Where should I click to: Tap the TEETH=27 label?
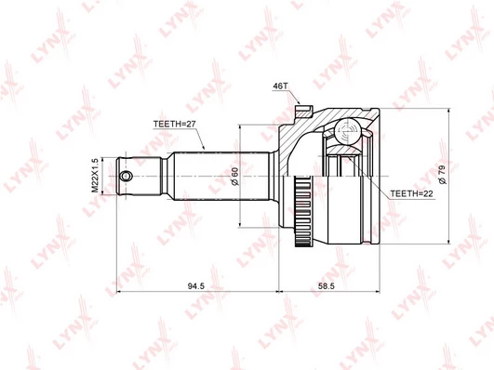pos(175,124)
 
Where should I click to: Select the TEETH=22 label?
pos(412,193)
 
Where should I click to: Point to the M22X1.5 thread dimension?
pos(95,176)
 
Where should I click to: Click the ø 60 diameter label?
pos(235,176)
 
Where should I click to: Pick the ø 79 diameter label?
pos(442,174)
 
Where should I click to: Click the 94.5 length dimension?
pos(196,286)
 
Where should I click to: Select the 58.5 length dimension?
pos(327,286)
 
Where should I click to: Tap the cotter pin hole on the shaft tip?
pos(127,176)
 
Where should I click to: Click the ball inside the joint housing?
pos(347,131)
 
